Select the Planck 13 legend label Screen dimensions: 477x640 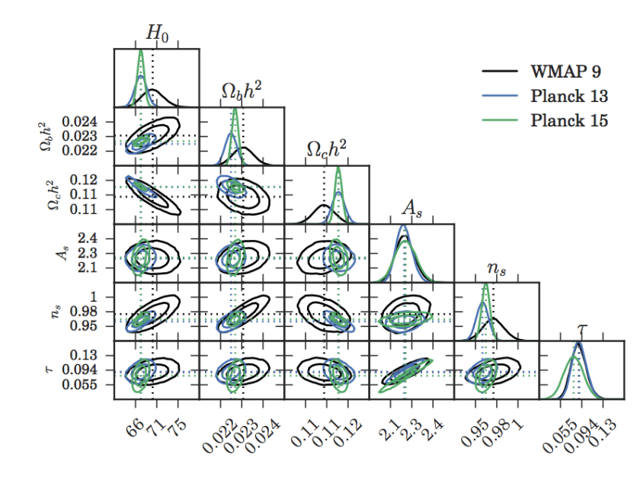click(569, 96)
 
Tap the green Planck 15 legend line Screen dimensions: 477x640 click(499, 120)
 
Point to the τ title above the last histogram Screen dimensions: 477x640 click(582, 328)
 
